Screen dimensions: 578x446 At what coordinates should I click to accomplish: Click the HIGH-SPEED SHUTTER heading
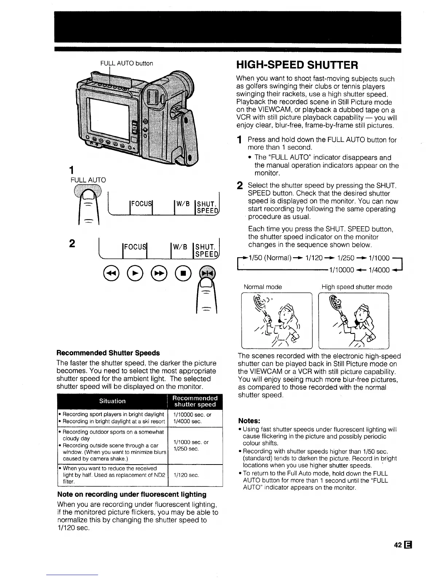pos(297,65)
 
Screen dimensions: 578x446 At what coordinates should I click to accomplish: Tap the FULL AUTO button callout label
pos(126,63)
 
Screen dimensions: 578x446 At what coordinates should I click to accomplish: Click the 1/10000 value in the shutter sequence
pos(341,270)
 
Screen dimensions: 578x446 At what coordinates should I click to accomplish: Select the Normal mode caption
pos(262,287)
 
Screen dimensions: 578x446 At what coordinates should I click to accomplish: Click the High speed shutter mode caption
pos(357,287)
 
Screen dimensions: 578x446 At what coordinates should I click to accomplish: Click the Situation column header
pos(112,401)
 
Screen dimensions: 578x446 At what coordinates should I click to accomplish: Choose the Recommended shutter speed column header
pos(195,401)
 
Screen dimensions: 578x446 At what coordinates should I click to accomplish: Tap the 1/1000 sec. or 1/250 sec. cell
pos(191,445)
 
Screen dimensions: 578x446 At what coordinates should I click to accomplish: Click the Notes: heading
pos(249,420)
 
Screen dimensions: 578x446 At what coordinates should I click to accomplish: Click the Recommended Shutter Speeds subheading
pos(108,353)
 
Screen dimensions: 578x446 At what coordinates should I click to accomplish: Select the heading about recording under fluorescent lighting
pos(132,494)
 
